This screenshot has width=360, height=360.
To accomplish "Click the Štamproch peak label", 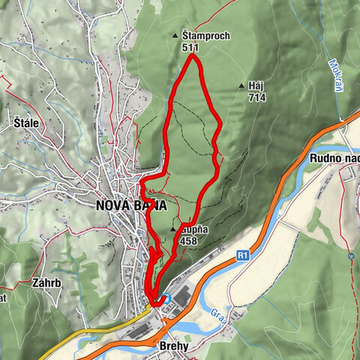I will point(205,35).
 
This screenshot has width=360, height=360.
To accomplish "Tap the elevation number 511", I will point(190,46).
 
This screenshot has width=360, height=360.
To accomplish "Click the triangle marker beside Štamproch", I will point(175,35).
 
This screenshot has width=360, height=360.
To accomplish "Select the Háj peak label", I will point(256,86).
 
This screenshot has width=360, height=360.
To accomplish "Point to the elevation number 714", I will point(256,97).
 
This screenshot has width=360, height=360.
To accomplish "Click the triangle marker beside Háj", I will point(241,86).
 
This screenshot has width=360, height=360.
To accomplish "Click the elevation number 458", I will point(189,239).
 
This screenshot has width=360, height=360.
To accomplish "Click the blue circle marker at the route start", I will point(168,297).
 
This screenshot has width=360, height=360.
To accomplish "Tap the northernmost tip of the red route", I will point(193,55).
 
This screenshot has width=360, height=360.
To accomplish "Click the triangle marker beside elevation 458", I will point(174,228).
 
